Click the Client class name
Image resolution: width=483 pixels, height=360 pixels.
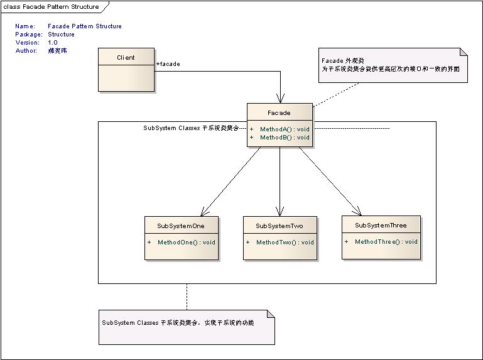(x=126, y=58)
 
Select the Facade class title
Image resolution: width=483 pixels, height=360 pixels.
(x=279, y=113)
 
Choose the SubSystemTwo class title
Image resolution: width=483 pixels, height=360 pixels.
(x=279, y=226)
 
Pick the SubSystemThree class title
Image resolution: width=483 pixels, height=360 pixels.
(x=381, y=225)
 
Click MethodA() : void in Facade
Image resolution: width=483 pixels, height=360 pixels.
(x=285, y=129)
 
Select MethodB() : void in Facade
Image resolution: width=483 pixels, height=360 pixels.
(x=285, y=138)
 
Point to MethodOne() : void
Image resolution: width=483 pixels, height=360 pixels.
(x=186, y=242)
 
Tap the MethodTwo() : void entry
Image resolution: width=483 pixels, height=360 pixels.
(x=285, y=242)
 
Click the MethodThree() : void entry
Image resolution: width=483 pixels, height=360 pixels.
(x=386, y=241)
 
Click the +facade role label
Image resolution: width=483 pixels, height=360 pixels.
(x=168, y=64)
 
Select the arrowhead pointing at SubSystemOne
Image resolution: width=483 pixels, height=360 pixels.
(x=203, y=212)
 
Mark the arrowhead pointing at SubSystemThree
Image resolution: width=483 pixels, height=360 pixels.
(x=358, y=211)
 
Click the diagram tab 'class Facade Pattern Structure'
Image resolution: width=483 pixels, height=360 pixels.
(x=52, y=7)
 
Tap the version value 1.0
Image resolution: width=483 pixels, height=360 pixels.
(x=53, y=43)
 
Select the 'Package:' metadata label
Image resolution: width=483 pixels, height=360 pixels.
(x=29, y=35)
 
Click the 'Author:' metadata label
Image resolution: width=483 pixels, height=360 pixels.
(x=27, y=51)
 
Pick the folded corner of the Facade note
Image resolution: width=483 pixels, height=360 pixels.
(x=464, y=52)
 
